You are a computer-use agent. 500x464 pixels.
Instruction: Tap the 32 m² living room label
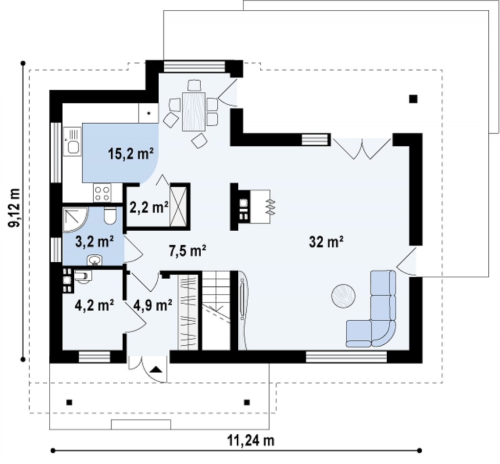326,242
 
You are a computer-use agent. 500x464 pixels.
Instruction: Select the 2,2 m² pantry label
149,208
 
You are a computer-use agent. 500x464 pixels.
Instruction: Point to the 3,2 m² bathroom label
95,242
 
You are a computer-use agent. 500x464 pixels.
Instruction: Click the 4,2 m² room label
94,306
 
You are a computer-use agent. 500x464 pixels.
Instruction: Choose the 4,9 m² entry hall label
153,306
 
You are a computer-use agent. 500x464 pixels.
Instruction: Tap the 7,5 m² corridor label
187,251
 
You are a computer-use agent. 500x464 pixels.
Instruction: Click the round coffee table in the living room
343,296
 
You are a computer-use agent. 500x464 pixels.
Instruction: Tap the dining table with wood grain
194,111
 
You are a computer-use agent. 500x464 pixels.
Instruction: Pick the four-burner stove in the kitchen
103,193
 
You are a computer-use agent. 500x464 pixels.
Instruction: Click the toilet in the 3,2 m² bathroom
110,216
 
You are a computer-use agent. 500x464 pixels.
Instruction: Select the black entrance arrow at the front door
156,370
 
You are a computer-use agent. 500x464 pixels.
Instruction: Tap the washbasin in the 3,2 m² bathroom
94,260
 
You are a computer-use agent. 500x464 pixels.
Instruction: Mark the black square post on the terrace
413,99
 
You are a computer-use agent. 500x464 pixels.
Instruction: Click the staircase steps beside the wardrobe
216,310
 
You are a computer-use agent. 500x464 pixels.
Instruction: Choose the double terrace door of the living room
362,149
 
